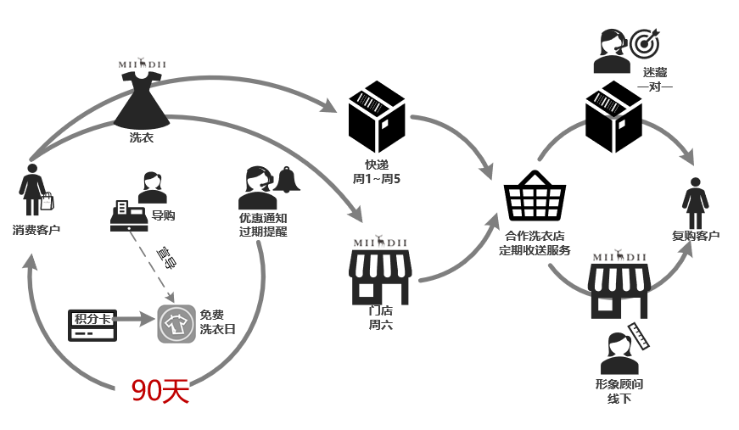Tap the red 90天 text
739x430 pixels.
tap(160, 390)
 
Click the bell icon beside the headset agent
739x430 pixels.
tap(287, 180)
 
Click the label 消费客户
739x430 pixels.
tap(36, 229)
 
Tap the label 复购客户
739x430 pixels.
tap(696, 235)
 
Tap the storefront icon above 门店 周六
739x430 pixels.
tap(380, 276)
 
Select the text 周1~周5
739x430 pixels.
tap(378, 180)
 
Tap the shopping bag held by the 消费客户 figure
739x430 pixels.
tap(47, 201)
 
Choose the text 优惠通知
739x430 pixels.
tap(263, 217)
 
